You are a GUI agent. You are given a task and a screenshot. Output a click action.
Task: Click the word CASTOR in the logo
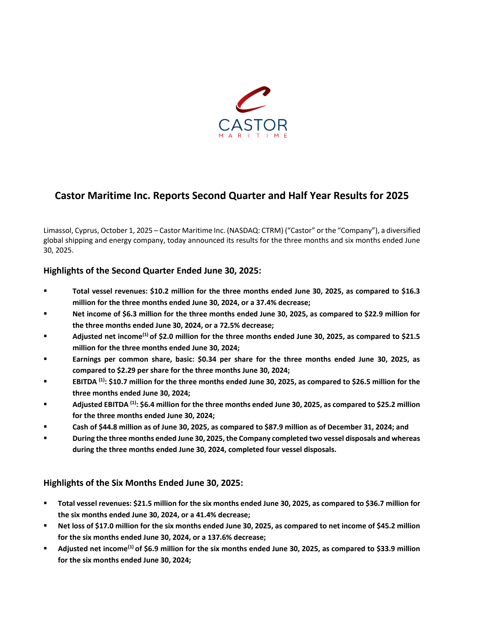[x=253, y=125]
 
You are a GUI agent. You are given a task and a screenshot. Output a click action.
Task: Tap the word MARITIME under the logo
[x=253, y=136]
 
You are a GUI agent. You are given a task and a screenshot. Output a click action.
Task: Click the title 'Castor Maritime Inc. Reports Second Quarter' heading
[x=231, y=196]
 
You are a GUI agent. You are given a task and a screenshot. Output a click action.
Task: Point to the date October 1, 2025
[x=126, y=230]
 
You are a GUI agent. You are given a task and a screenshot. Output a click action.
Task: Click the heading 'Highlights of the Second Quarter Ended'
[x=152, y=270]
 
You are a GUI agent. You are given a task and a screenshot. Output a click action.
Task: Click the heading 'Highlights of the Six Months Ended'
[x=143, y=483]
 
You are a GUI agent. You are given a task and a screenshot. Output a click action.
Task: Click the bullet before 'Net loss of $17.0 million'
[x=45, y=526]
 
